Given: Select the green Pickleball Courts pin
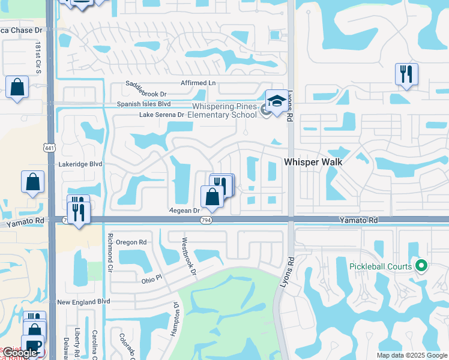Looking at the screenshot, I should pyautogui.click(x=421, y=265).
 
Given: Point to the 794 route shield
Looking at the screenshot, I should pyautogui.click(x=206, y=221).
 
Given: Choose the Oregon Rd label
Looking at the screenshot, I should pyautogui.click(x=131, y=242).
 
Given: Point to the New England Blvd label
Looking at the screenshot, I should pyautogui.click(x=84, y=301).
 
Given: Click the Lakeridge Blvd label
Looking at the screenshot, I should pyautogui.click(x=81, y=164).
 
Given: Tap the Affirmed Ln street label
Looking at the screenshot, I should pyautogui.click(x=198, y=83).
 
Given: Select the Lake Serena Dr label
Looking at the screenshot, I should pyautogui.click(x=162, y=115).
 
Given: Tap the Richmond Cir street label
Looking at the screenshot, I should pyautogui.click(x=110, y=252).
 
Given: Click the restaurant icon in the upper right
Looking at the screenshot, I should pyautogui.click(x=406, y=74).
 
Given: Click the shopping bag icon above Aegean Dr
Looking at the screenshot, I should pyautogui.click(x=212, y=196).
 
